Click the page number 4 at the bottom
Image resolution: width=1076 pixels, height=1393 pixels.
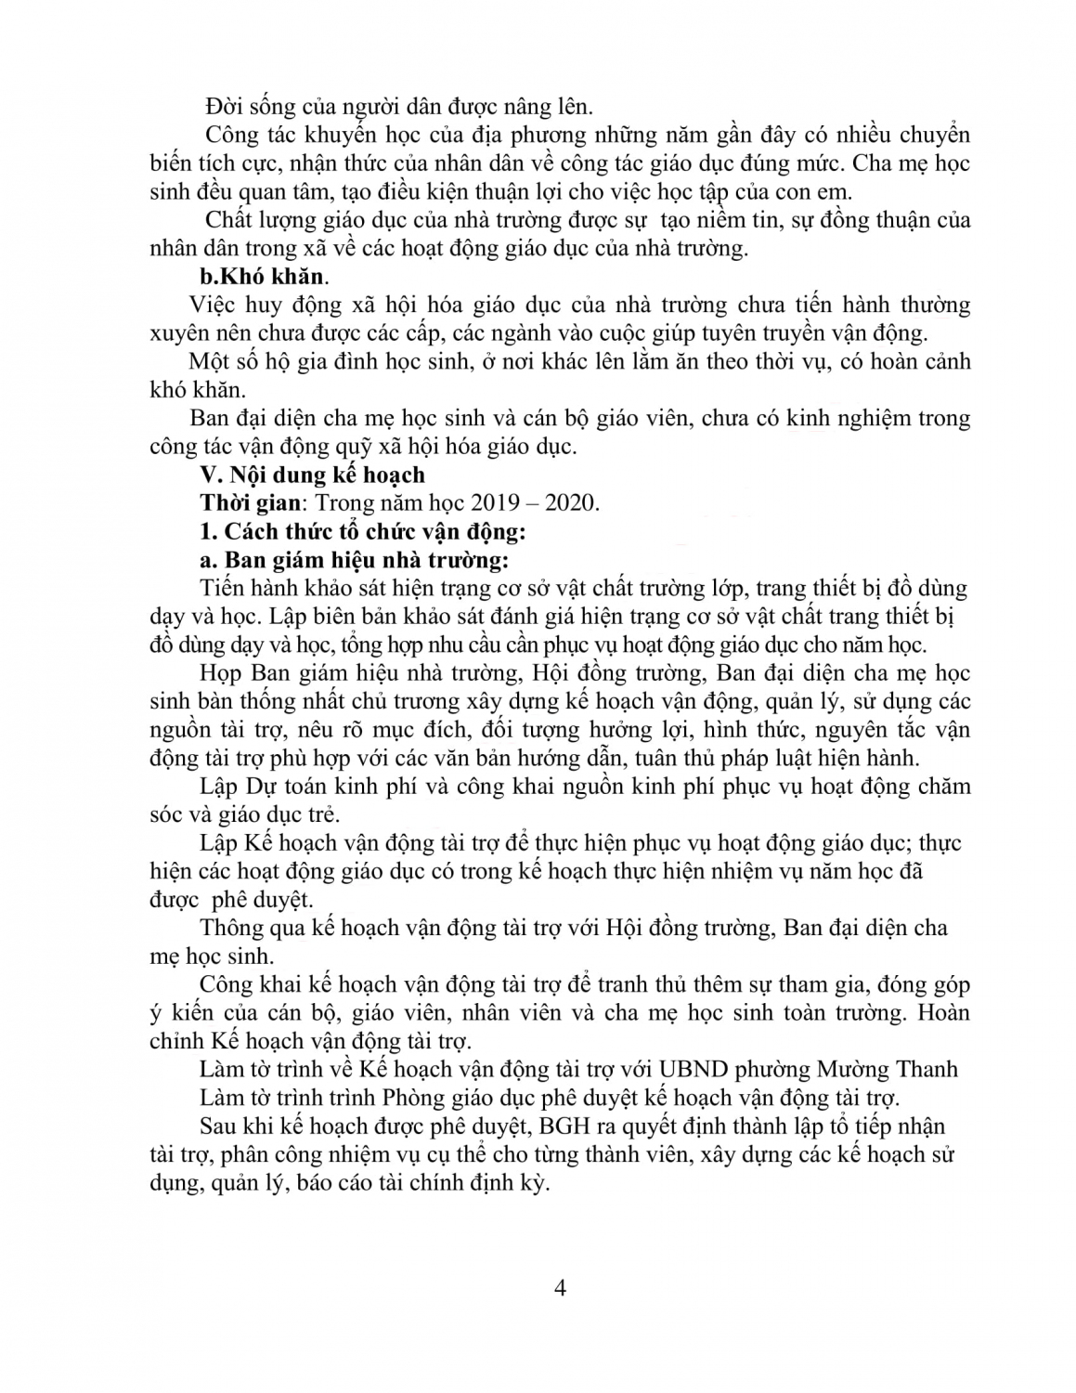[x=559, y=1288]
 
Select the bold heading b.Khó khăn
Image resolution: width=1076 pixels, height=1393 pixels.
[x=264, y=276]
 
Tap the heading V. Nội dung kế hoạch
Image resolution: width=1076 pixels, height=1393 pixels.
[x=313, y=475]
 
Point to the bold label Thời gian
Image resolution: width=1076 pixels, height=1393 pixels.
[x=251, y=503]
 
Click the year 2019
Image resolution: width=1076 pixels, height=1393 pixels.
[x=498, y=503]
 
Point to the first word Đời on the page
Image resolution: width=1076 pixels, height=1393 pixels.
[x=224, y=106]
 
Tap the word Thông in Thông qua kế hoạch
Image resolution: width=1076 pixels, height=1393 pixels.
[x=232, y=928]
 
